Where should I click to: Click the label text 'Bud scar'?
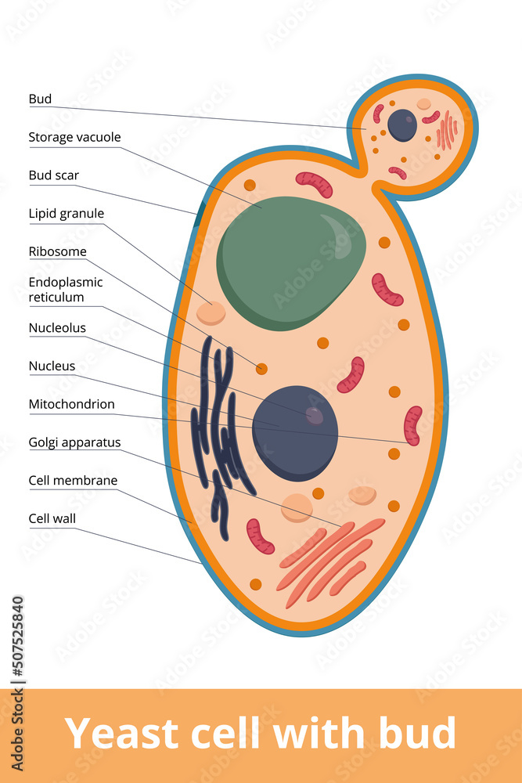coord(54,175)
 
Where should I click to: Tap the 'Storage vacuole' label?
coord(74,137)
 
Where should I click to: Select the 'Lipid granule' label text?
coord(66,213)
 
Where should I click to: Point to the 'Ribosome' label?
coord(57,251)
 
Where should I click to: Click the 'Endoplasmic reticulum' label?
coord(65,289)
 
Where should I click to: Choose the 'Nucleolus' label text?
coord(57,327)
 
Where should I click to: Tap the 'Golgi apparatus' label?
coord(74,442)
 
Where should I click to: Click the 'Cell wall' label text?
coord(52,518)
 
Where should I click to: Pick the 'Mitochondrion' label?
coord(71,404)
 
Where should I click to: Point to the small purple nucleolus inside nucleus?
coord(314,415)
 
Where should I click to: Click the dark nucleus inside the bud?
coord(402,125)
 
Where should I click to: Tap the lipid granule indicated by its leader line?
coord(211,312)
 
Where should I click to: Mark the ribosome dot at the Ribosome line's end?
coord(261,368)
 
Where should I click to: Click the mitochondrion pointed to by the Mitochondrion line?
coord(412,425)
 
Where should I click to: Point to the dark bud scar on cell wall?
coord(200,210)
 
